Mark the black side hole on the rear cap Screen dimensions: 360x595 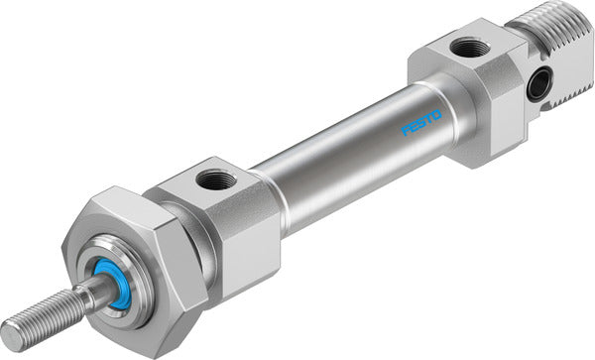[538, 87]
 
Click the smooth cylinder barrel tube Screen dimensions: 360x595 [337, 154]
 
